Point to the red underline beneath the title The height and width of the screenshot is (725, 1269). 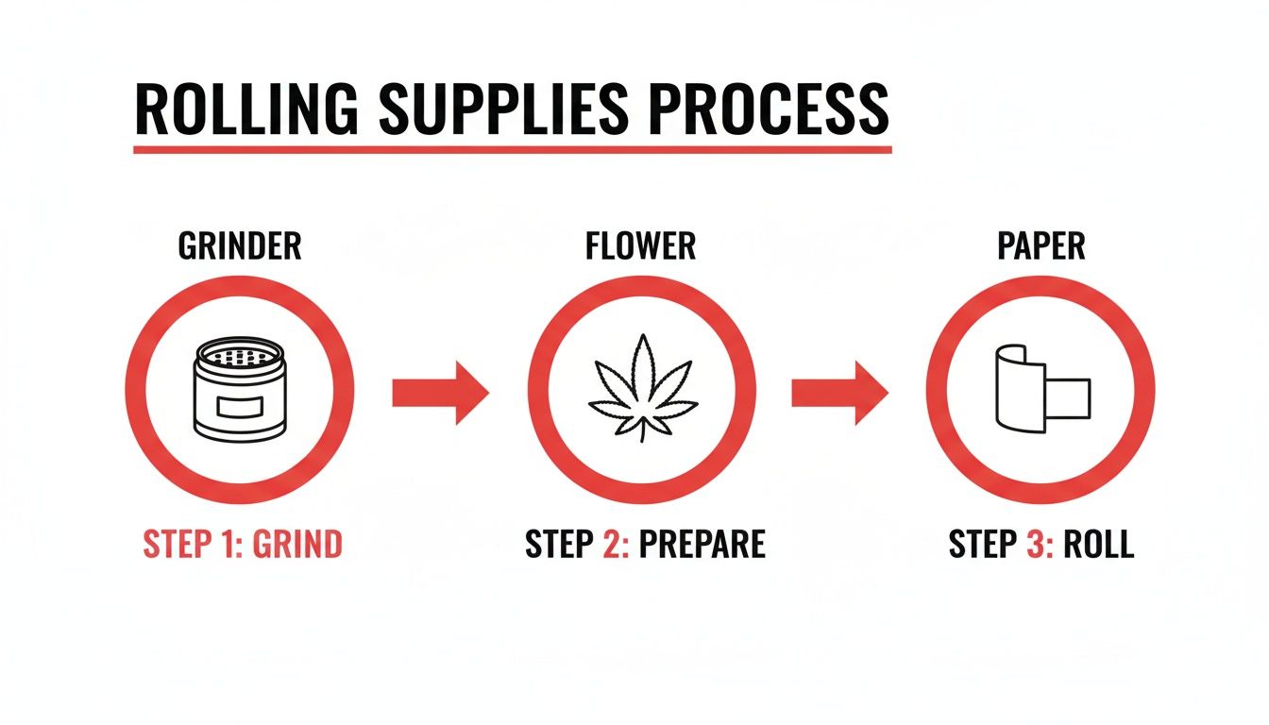point(513,149)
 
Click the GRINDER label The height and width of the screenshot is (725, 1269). point(240,246)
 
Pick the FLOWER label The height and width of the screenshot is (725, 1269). point(640,246)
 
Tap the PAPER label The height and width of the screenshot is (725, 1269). point(1041,246)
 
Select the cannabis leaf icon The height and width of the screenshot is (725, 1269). point(642,388)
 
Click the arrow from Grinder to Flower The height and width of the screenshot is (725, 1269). point(440,392)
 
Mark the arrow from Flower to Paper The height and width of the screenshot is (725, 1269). point(839,392)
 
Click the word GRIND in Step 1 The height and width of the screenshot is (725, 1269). point(294,546)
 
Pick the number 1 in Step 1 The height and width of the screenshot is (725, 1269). point(225,546)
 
